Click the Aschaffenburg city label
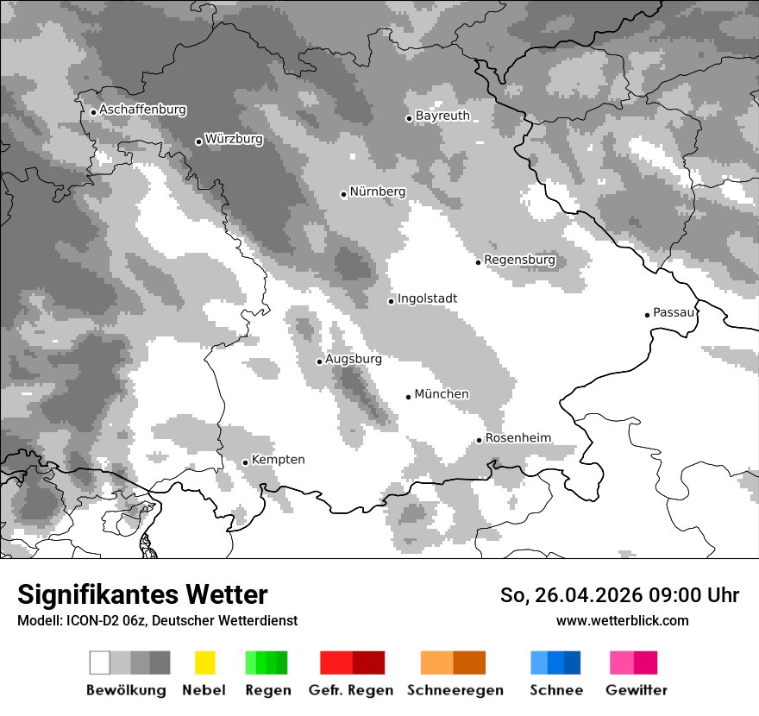(142, 110)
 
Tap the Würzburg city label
(234, 140)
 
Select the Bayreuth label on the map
(442, 116)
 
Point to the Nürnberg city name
(377, 192)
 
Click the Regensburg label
(519, 260)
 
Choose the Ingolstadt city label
(427, 298)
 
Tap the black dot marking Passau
(647, 315)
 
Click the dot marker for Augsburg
(319, 361)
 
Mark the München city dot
(408, 397)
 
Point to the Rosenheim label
(517, 438)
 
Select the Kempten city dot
(245, 462)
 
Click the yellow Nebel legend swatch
(204, 663)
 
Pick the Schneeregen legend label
(455, 690)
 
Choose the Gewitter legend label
(637, 690)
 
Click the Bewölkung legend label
(126, 690)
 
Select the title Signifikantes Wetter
(142, 595)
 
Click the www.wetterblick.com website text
(622, 621)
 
